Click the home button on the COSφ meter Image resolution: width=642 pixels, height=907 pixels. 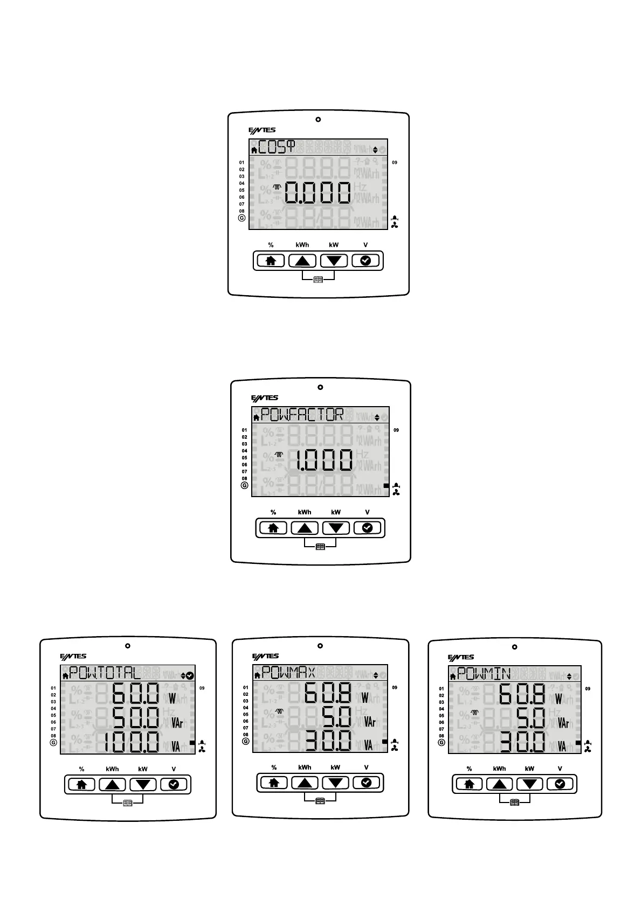coord(271,261)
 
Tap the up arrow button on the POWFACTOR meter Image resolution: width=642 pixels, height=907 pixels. coord(305,528)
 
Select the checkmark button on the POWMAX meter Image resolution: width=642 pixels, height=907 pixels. coord(366,783)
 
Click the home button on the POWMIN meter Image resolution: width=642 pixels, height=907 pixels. coord(469,784)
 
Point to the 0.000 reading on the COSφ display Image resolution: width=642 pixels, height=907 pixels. coord(318,192)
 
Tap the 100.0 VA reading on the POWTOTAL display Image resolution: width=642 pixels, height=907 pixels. coord(132,742)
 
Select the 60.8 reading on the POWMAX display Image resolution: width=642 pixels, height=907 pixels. coord(328,693)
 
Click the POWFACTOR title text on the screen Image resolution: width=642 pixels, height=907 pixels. coord(302,415)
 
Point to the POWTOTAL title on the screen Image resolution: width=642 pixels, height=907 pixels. coord(105,673)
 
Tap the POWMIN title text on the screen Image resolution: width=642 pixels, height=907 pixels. coord(484,674)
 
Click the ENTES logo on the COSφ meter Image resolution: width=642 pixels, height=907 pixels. coord(262,130)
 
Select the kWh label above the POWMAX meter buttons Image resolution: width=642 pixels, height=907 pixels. coord(305,768)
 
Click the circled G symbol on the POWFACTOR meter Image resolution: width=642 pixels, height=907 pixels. coord(244,485)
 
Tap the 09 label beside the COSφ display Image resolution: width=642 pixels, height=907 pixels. coord(395,162)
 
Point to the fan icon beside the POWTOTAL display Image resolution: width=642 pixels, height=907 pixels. coord(202,749)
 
